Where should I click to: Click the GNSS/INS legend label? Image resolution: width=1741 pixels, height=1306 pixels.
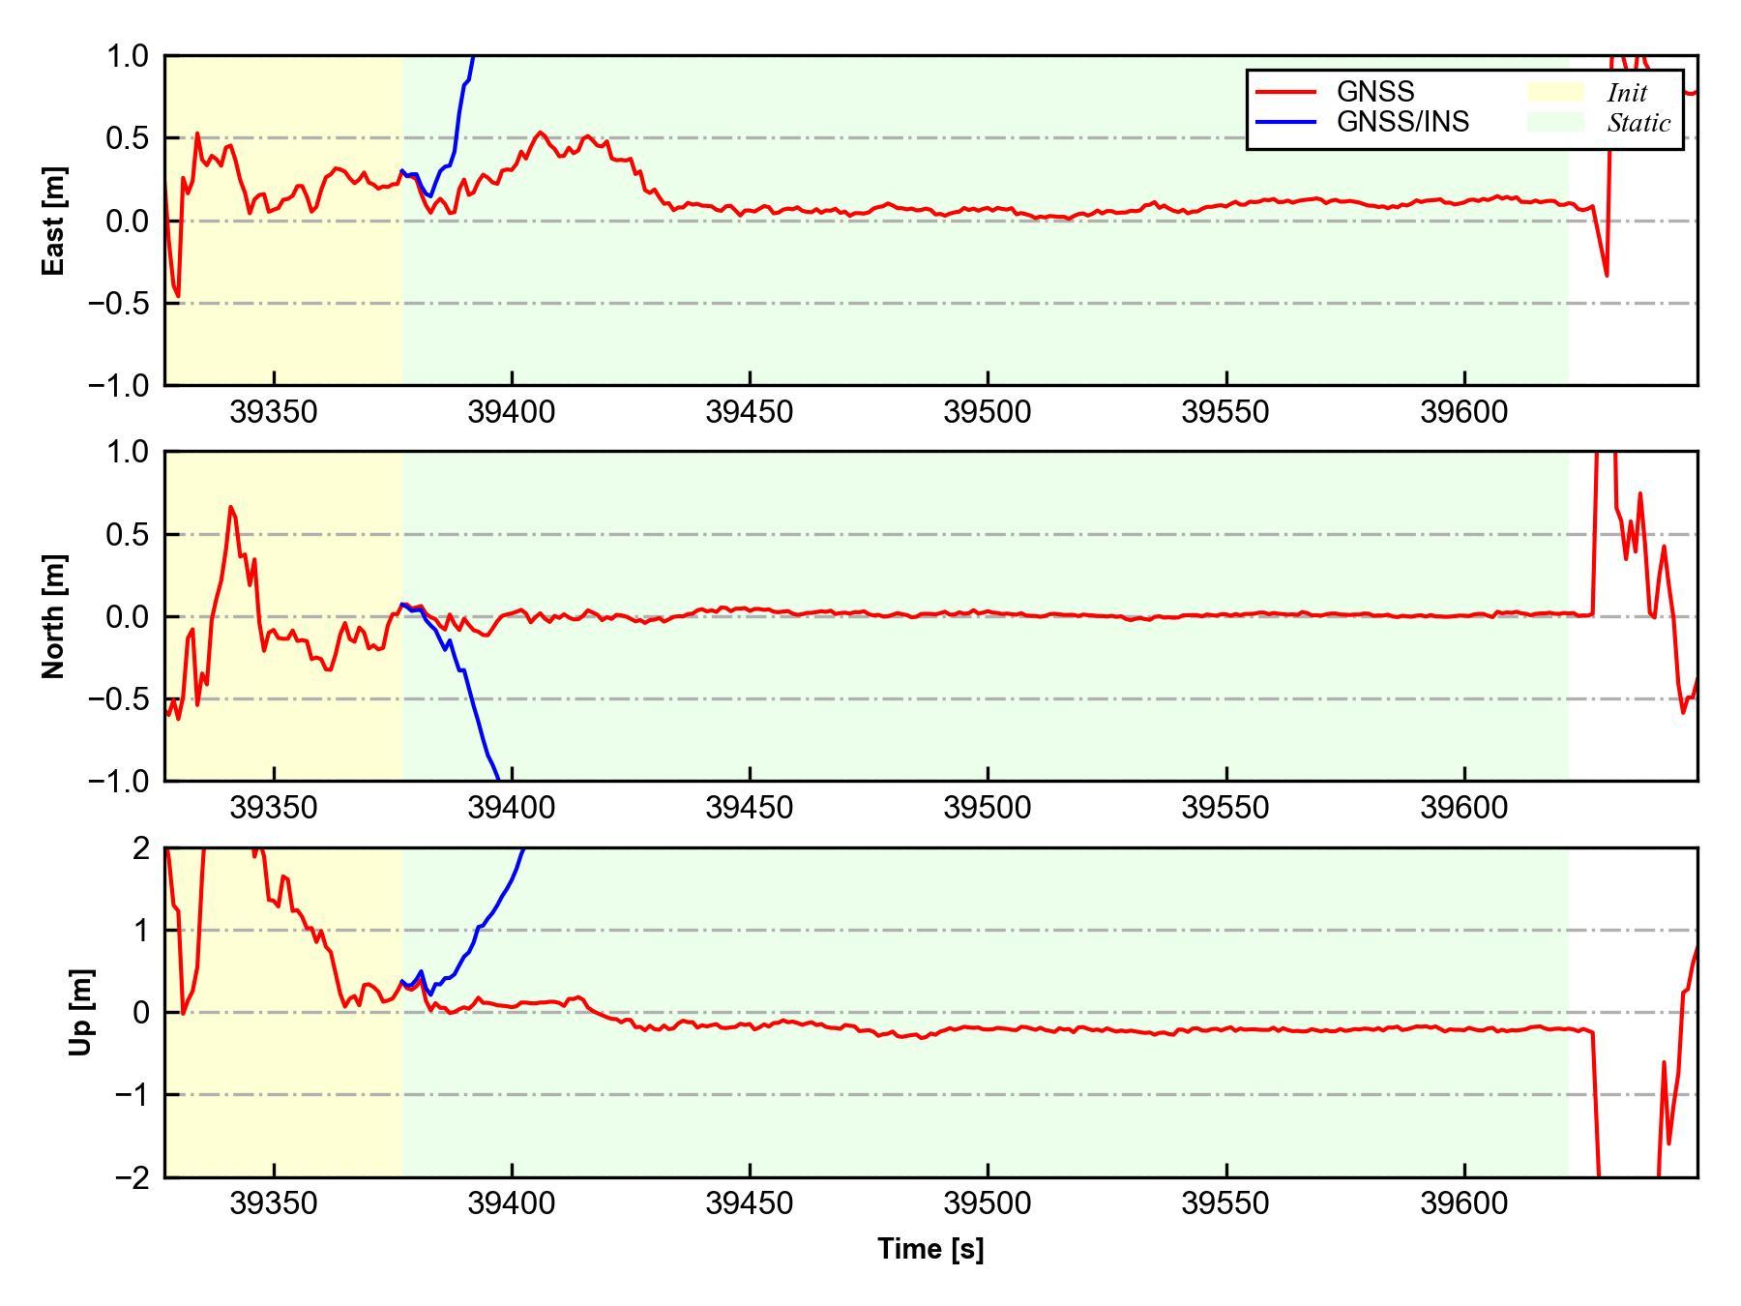[1402, 122]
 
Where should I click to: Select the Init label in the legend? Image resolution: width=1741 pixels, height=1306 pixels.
[1627, 93]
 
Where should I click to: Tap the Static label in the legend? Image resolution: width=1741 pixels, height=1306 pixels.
[1638, 123]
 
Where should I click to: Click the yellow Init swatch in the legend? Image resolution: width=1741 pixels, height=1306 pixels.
[1555, 92]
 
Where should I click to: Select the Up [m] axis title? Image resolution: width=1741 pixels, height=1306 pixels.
[82, 1012]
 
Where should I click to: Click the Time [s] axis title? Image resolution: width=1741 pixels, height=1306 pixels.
[930, 1249]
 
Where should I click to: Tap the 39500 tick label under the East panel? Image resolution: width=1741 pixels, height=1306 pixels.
[988, 412]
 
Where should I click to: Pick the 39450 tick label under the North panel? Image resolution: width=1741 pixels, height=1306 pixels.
[750, 808]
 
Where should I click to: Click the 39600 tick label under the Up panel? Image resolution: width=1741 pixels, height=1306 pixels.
[1463, 1203]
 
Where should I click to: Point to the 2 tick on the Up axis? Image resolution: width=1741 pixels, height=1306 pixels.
[141, 848]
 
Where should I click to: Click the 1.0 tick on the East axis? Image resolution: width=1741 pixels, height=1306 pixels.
[129, 57]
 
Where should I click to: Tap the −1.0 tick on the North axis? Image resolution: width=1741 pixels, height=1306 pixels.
[119, 781]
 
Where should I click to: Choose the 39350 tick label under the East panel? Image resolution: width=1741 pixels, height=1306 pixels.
[274, 412]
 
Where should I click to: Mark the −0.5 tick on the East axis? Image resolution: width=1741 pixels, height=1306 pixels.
[119, 304]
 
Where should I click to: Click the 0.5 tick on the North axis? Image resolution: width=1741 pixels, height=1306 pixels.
[129, 534]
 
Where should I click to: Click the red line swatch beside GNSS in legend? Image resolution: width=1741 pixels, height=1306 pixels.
[1285, 92]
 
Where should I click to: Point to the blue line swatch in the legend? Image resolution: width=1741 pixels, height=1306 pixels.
[1285, 122]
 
